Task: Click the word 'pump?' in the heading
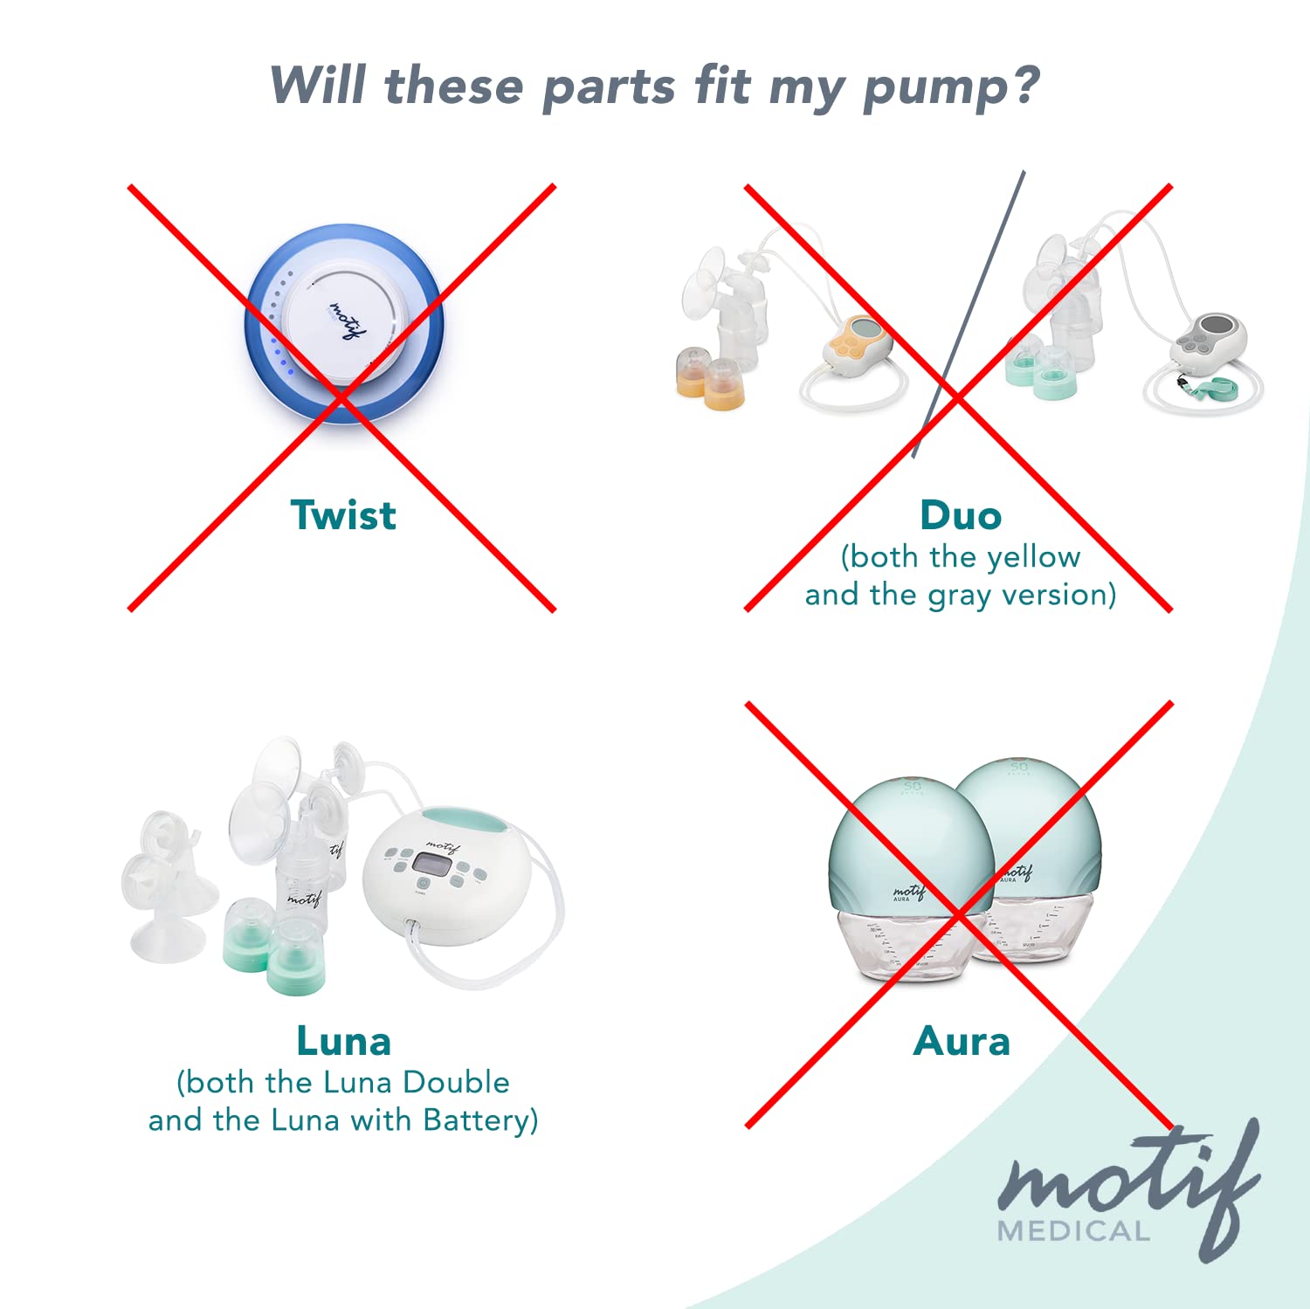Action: click(x=951, y=88)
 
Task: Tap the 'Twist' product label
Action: click(x=343, y=515)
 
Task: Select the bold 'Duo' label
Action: click(x=961, y=515)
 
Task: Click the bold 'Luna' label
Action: click(x=343, y=1041)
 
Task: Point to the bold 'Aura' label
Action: click(x=962, y=1041)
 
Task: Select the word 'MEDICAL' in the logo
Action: click(x=1073, y=1231)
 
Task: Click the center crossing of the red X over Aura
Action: click(x=959, y=914)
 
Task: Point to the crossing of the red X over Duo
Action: click(x=958, y=398)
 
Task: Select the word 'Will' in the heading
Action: click(x=319, y=86)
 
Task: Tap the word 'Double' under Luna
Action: click(x=456, y=1082)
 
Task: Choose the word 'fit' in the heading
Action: click(x=721, y=86)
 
